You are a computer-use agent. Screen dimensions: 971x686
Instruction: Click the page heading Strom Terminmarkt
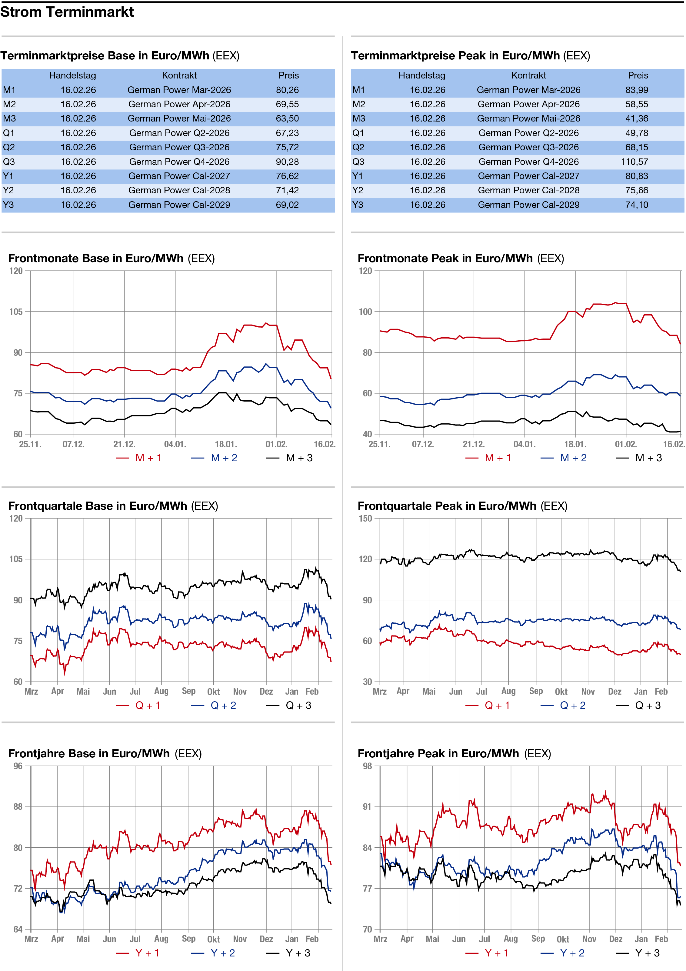[67, 12]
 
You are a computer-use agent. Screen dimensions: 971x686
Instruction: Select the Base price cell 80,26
[287, 90]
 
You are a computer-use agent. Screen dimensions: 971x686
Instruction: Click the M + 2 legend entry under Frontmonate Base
[215, 458]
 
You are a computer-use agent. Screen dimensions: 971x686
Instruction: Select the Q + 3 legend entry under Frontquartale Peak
[639, 706]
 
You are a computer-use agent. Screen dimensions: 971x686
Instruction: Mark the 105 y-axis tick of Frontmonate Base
[16, 312]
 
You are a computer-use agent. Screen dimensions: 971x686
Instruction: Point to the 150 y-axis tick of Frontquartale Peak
[365, 519]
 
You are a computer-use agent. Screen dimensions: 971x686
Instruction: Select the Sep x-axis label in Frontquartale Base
[189, 691]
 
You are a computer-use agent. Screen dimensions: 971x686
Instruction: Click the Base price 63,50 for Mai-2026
[287, 119]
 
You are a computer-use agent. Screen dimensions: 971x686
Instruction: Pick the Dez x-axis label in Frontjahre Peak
[615, 939]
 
